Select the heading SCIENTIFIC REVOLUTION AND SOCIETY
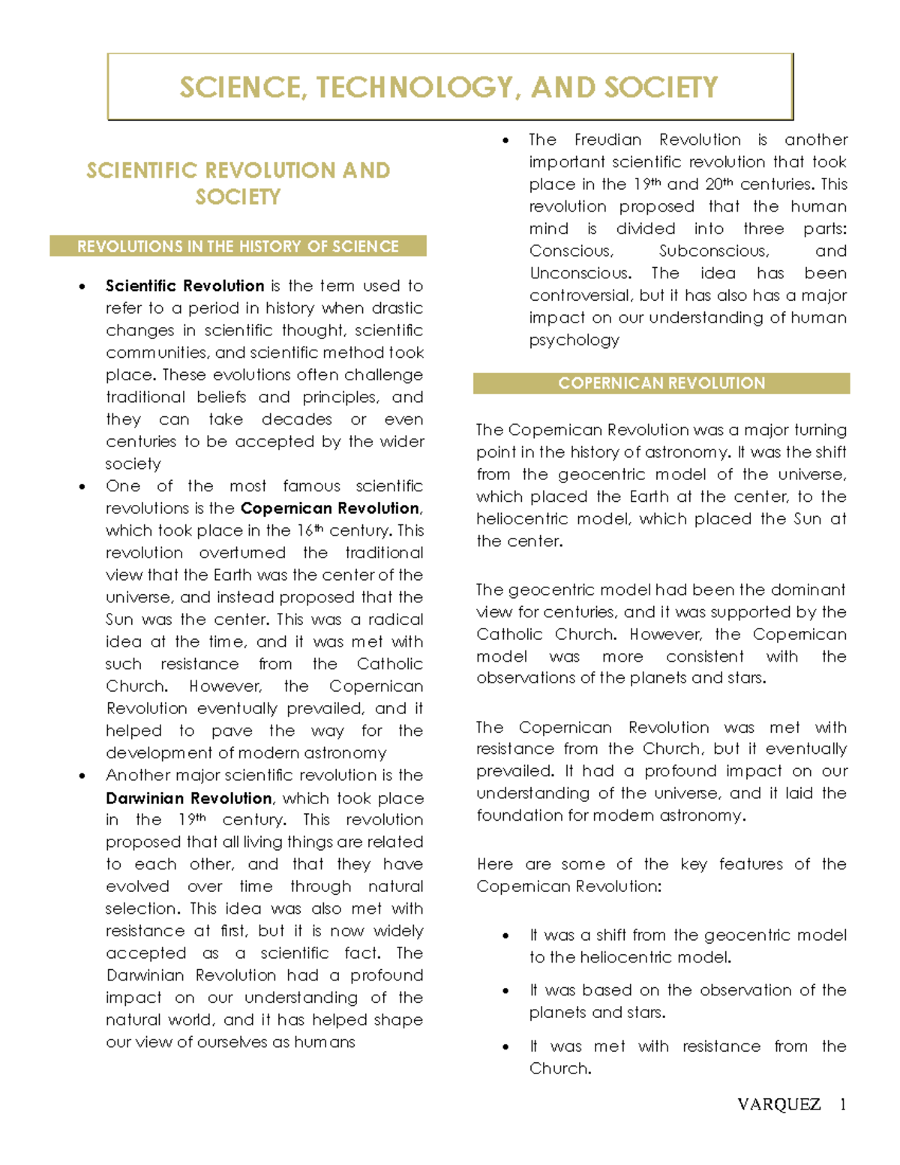tap(238, 183)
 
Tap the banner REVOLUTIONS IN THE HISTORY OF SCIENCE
tap(238, 246)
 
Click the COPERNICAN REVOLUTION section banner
tap(661, 383)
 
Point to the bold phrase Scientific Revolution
tap(184, 286)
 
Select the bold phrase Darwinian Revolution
tap(188, 798)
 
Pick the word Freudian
tap(607, 140)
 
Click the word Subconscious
tap(713, 251)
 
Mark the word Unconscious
tap(580, 273)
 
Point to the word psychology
tap(574, 341)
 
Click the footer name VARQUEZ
tap(778, 1104)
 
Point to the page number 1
tap(843, 1104)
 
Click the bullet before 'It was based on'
tap(506, 991)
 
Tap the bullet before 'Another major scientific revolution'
tap(82, 776)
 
